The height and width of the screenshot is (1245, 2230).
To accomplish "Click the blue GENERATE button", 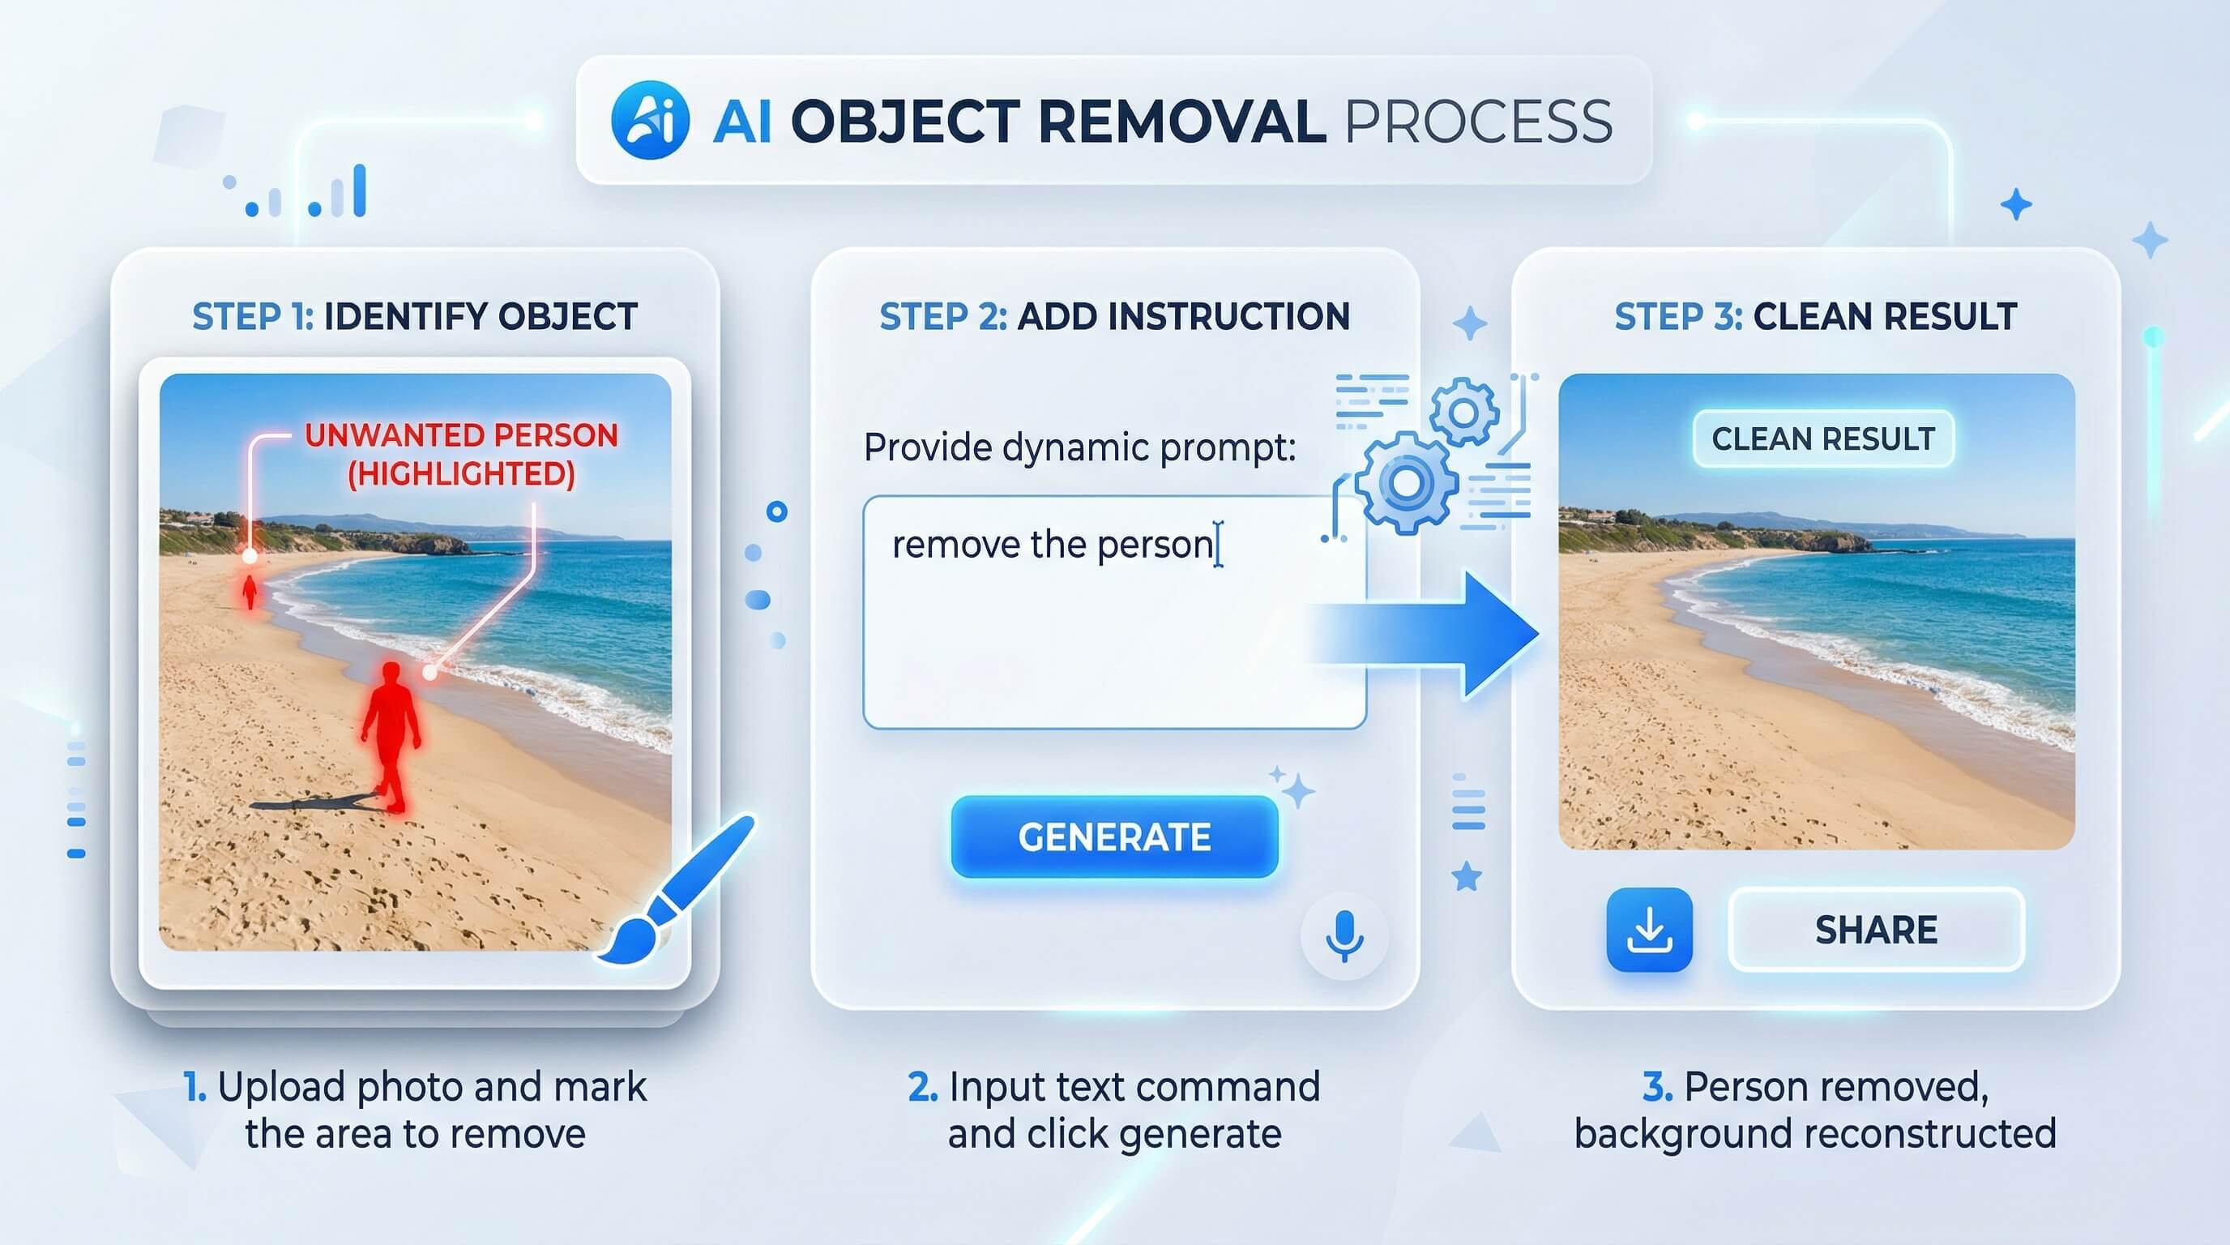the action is [1114, 837].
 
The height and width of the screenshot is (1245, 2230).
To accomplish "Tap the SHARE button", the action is [1876, 930].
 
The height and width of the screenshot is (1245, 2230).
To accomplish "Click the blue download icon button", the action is [1649, 930].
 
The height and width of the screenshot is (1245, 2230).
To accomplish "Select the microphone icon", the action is [1344, 936].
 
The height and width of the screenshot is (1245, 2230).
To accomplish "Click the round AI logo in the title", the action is [650, 120].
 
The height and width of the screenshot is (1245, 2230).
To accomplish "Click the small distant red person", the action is [250, 592].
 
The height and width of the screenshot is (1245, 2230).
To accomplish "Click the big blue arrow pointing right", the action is [1424, 635].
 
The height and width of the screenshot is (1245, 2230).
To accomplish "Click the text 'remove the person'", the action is [1053, 545].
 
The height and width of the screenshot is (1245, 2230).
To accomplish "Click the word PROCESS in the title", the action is [1478, 122].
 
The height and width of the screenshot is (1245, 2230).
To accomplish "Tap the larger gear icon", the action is [1405, 483].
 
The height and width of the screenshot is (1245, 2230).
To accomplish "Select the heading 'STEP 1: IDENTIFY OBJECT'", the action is [415, 317].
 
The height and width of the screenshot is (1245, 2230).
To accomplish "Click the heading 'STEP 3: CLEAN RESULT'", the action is [1815, 317].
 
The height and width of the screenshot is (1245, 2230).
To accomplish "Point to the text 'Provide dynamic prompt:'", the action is [1079, 447].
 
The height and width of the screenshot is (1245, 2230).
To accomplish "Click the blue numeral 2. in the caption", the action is [923, 1087].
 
